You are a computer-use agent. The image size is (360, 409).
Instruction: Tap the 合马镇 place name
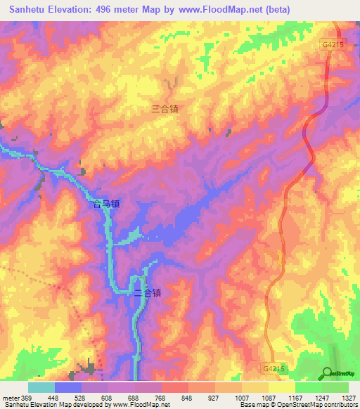pos(107,204)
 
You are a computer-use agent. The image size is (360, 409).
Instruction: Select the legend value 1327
pos(348,397)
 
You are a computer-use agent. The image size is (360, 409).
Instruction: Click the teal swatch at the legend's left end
pos(41,387)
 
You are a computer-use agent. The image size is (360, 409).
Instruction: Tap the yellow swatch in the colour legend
pos(281,387)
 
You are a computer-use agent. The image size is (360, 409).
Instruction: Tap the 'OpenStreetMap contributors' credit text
pos(319,404)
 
